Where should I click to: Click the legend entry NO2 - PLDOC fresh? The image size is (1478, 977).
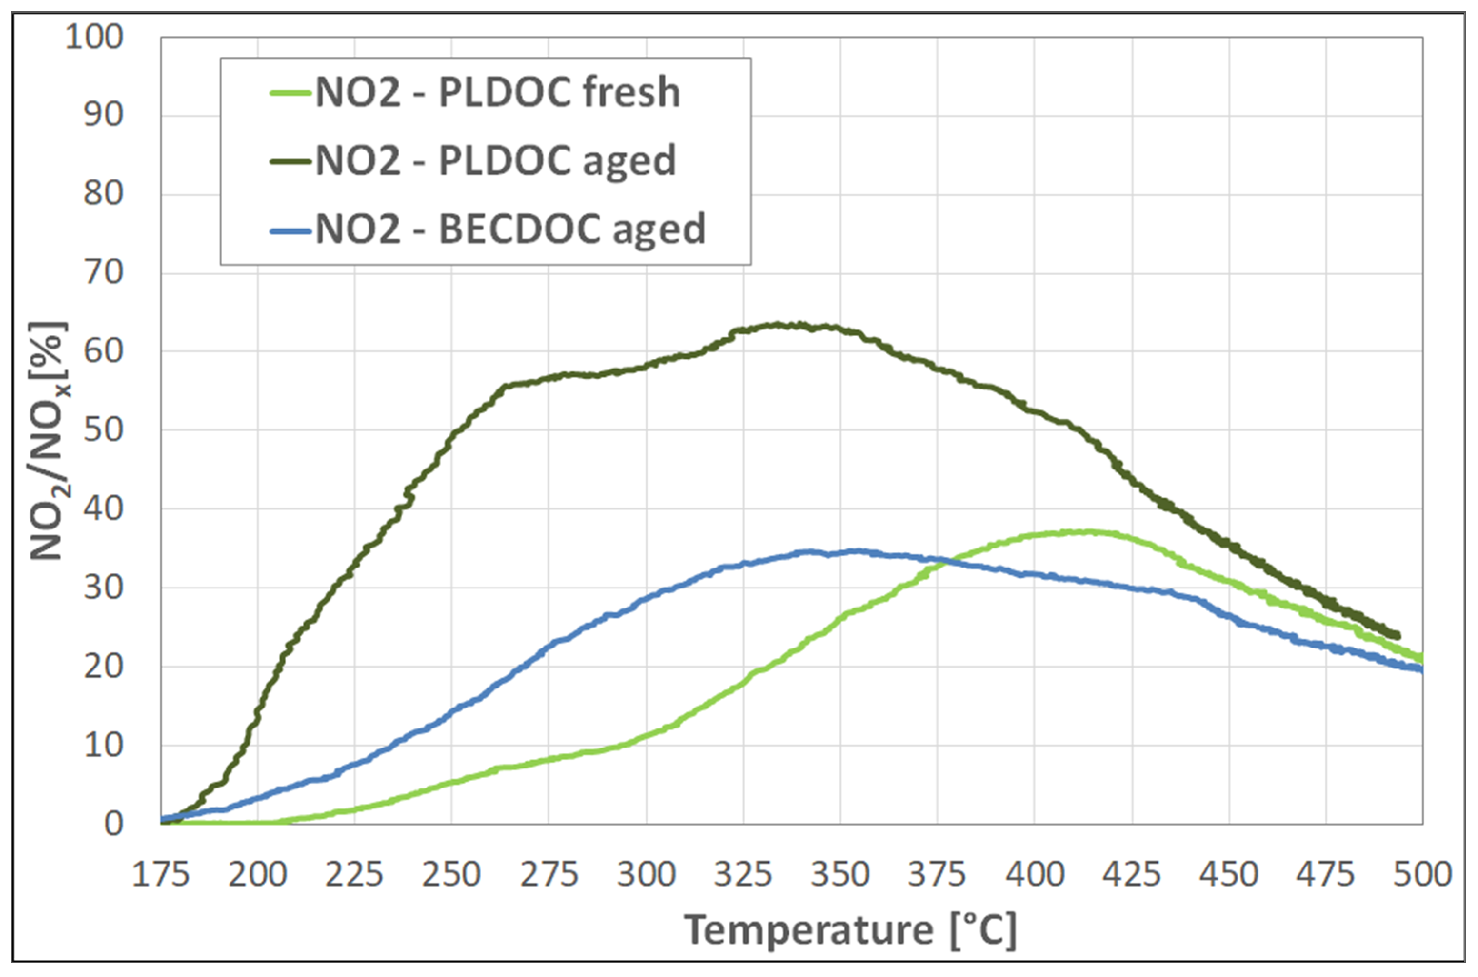tap(497, 92)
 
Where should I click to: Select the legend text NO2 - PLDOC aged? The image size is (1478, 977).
tap(495, 161)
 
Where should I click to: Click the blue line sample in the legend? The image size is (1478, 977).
tap(290, 230)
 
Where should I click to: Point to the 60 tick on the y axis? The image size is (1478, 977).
tap(103, 351)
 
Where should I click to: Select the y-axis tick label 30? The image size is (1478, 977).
tap(103, 588)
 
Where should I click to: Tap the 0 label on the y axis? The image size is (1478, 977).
tap(113, 824)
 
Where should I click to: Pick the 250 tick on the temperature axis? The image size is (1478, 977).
tap(451, 874)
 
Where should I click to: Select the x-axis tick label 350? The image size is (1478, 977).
tap(839, 874)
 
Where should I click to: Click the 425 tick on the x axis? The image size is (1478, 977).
tap(1131, 874)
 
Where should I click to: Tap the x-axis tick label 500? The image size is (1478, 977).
tap(1422, 874)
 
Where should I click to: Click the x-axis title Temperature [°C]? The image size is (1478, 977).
tap(850, 930)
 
